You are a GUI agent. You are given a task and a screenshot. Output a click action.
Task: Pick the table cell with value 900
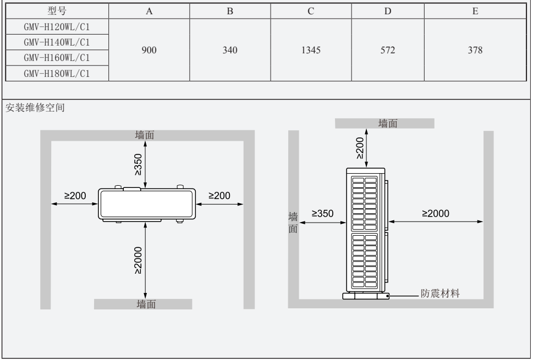tap(149, 51)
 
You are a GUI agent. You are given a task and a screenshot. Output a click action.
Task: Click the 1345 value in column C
tap(311, 51)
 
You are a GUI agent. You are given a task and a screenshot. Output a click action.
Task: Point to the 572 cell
tap(388, 51)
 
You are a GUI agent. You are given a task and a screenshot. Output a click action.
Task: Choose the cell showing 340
tap(229, 51)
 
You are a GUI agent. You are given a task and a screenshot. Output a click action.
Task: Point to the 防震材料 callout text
tap(439, 294)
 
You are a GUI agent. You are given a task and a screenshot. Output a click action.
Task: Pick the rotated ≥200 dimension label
tap(359, 148)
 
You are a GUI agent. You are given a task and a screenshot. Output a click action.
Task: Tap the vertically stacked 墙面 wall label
tap(293, 222)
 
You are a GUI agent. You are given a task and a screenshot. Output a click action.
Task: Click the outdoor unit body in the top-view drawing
tap(147, 203)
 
